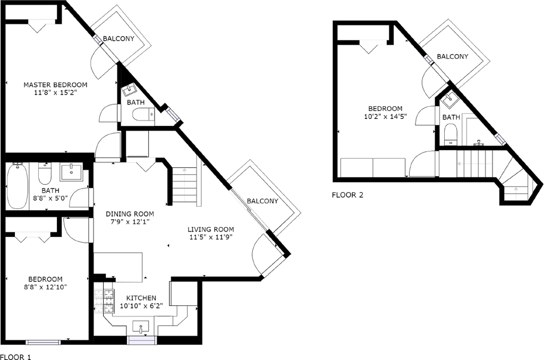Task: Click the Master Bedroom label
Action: (x=55, y=84)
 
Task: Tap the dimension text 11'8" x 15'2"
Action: (x=55, y=93)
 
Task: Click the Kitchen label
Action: (x=141, y=298)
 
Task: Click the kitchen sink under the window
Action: (x=141, y=327)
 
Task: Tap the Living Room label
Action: (x=210, y=229)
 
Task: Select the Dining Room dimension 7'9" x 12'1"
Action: (x=130, y=222)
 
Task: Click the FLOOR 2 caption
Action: (x=347, y=195)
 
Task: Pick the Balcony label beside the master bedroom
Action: (x=118, y=39)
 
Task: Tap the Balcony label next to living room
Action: (x=262, y=201)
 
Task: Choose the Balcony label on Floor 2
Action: (x=453, y=56)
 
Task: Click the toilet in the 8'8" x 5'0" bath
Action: (x=45, y=174)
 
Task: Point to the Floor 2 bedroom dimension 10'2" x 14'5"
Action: (x=385, y=117)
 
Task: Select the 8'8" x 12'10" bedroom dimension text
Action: (x=46, y=287)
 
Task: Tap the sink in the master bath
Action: (x=130, y=90)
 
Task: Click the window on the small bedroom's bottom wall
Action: (x=44, y=342)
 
